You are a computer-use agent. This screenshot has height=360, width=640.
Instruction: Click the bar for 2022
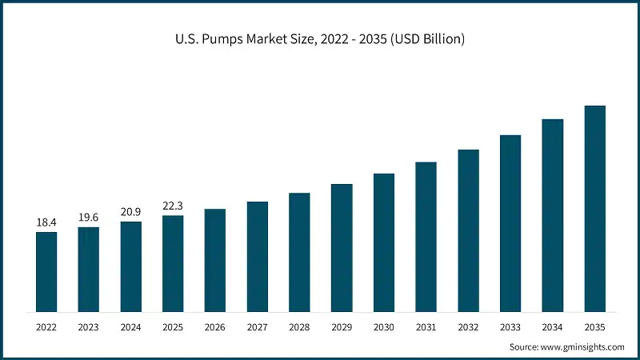pyautogui.click(x=46, y=271)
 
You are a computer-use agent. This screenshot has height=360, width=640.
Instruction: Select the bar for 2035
pyautogui.click(x=594, y=208)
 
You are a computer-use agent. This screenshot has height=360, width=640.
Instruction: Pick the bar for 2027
pyautogui.click(x=258, y=256)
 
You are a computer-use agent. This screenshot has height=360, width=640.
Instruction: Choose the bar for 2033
pyautogui.click(x=510, y=223)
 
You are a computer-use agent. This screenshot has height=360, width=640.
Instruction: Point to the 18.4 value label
pyautogui.click(x=46, y=222)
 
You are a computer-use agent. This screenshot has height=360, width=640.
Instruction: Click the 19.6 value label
pyautogui.click(x=89, y=217)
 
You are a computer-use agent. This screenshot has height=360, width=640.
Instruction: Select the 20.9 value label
pyautogui.click(x=130, y=211)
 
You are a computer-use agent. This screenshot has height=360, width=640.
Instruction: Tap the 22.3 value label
pyautogui.click(x=173, y=206)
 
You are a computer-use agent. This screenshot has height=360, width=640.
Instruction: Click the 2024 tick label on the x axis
pyautogui.click(x=130, y=327)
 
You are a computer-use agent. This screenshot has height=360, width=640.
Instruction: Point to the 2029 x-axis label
pyautogui.click(x=342, y=327)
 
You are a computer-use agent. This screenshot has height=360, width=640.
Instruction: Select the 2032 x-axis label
pyautogui.click(x=468, y=327)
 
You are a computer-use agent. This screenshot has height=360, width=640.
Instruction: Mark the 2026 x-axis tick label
pyautogui.click(x=215, y=327)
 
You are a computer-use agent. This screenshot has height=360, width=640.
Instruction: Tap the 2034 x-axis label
pyautogui.click(x=552, y=327)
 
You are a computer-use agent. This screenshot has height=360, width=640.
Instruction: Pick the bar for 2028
pyautogui.click(x=299, y=252)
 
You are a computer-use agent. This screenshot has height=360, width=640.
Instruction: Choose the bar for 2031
pyautogui.click(x=426, y=237)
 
